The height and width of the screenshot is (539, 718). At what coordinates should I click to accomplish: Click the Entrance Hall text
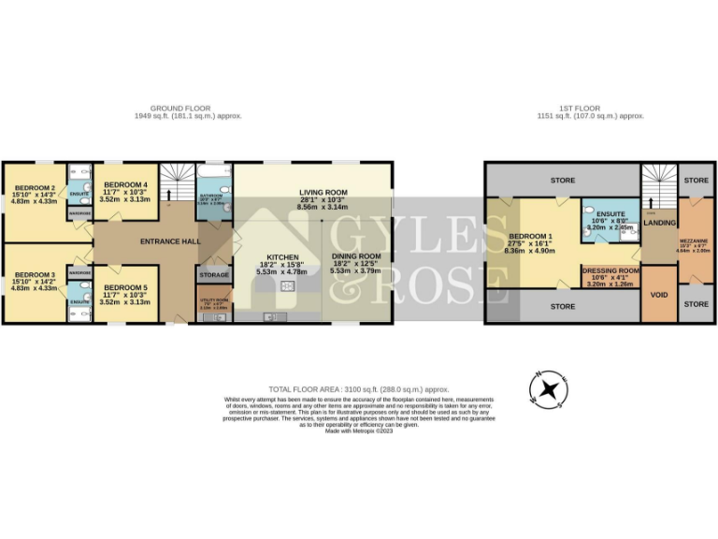click(169, 241)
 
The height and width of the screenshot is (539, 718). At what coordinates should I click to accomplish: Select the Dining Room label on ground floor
click(355, 256)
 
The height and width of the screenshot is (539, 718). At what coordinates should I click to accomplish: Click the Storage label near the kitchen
click(214, 275)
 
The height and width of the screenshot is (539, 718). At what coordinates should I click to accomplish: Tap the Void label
click(658, 294)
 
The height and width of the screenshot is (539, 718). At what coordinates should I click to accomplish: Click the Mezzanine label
click(694, 240)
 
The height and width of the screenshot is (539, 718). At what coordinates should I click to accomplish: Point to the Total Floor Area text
click(359, 388)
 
